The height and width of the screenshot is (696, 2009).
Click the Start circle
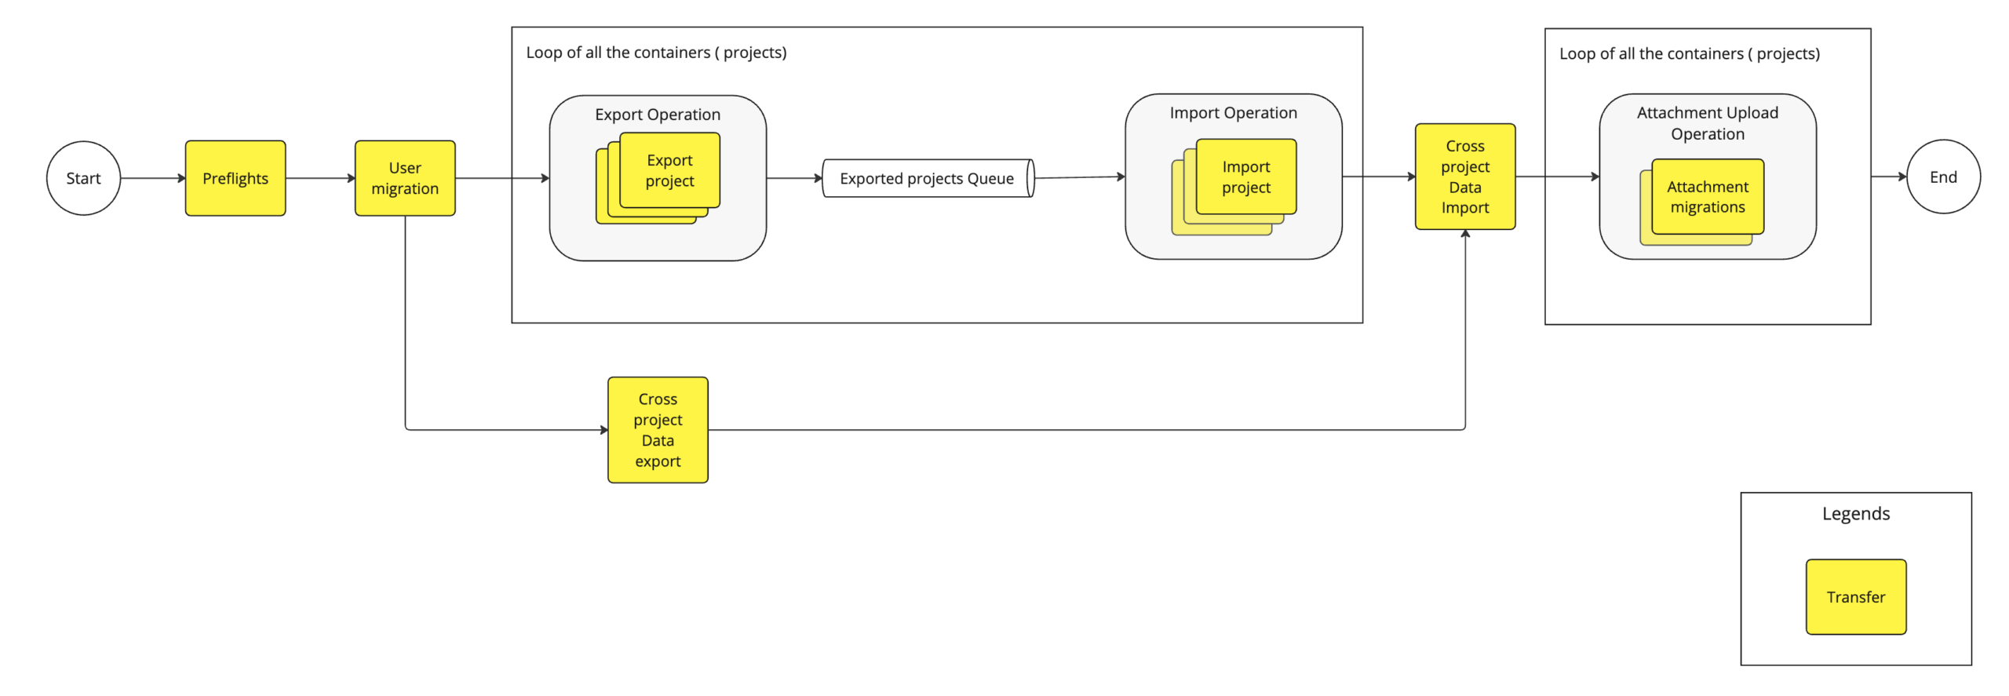click(83, 178)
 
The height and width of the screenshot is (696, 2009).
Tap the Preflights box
click(235, 178)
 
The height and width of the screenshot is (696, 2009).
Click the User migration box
click(404, 178)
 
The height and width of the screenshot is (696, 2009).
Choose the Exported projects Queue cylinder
click(926, 178)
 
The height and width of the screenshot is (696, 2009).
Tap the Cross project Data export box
click(657, 429)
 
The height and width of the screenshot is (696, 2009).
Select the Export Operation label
click(657, 115)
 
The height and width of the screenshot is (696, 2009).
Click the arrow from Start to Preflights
click(152, 178)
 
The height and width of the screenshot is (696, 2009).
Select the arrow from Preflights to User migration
click(319, 178)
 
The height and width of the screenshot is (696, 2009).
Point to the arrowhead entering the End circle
click(1901, 177)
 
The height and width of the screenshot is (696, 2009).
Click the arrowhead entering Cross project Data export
click(603, 429)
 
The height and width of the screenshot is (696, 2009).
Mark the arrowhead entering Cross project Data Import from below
click(1464, 234)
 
